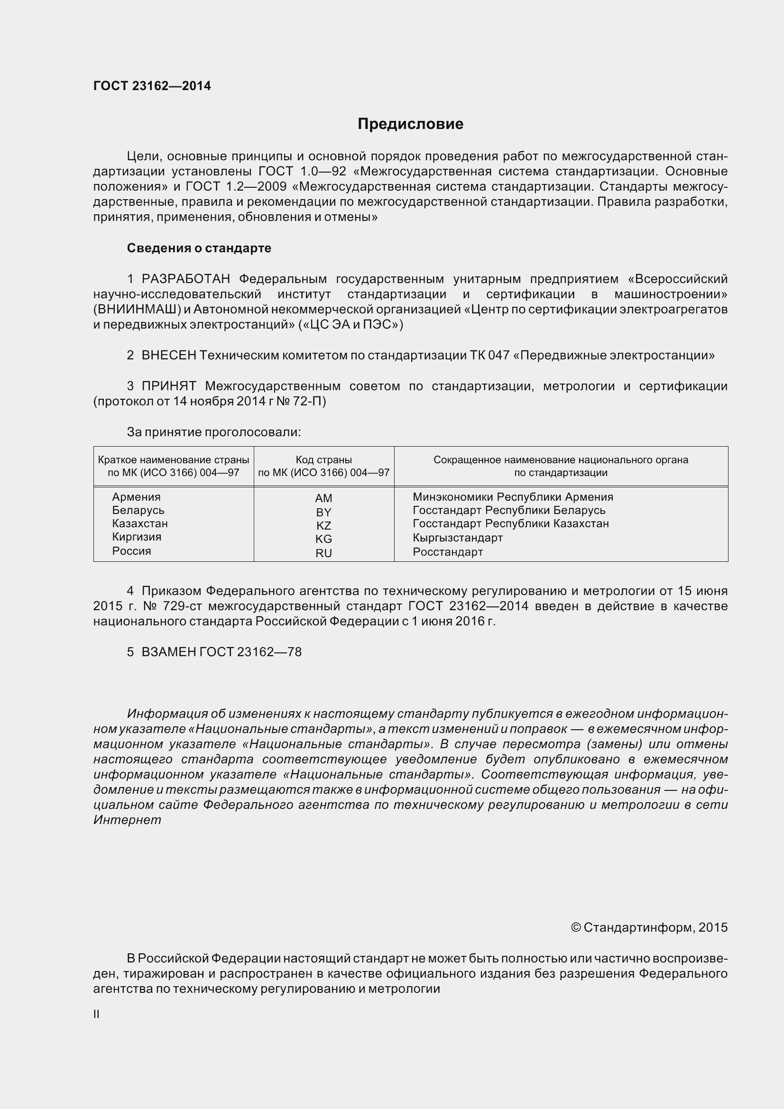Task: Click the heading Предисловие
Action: coord(410,124)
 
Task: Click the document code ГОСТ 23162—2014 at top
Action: coord(152,86)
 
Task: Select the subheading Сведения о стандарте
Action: coord(199,248)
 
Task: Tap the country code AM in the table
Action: coord(323,498)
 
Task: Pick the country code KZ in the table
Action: coord(323,525)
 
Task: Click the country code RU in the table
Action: coord(323,553)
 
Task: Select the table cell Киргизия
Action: coord(136,537)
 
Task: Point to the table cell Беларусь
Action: coord(138,510)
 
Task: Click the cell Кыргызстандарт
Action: coord(458,538)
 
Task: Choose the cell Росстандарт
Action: coord(447,551)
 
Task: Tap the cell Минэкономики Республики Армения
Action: coord(513,496)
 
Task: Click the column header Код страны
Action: coord(323,460)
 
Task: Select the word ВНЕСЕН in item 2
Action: coord(168,355)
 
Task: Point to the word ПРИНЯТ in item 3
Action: coord(168,386)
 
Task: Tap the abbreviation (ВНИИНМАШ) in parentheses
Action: coord(137,309)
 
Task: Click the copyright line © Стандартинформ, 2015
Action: coord(649,927)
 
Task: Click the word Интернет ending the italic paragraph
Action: coord(127,820)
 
